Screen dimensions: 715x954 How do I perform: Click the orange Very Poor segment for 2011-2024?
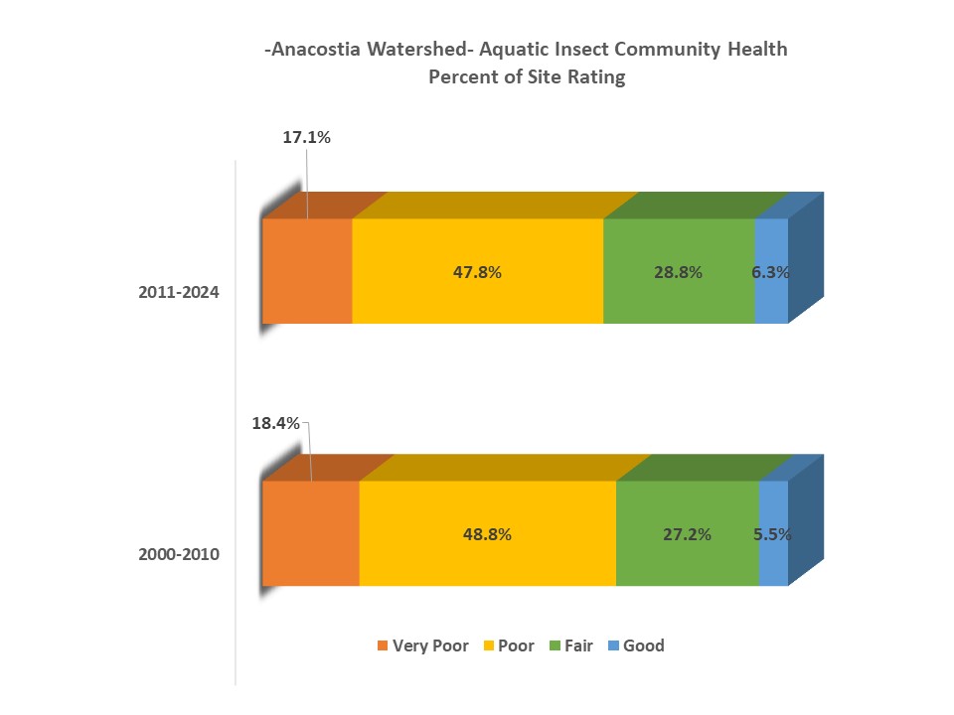pos(307,271)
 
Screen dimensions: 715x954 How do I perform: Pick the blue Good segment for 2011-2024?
pos(771,298)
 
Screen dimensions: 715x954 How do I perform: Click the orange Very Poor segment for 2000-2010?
pos(310,533)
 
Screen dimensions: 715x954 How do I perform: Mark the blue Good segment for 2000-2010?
pos(773,561)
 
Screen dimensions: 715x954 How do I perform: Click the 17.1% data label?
pos(306,138)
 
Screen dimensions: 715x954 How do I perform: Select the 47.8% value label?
pos(477,272)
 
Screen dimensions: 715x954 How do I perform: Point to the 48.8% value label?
pos(487,534)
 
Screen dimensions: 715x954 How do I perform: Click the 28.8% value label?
pos(679,272)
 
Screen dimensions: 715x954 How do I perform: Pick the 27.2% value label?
pos(687,534)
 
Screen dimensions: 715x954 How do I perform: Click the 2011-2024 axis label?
pos(179,293)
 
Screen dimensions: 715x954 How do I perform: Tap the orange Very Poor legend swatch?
pos(383,646)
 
